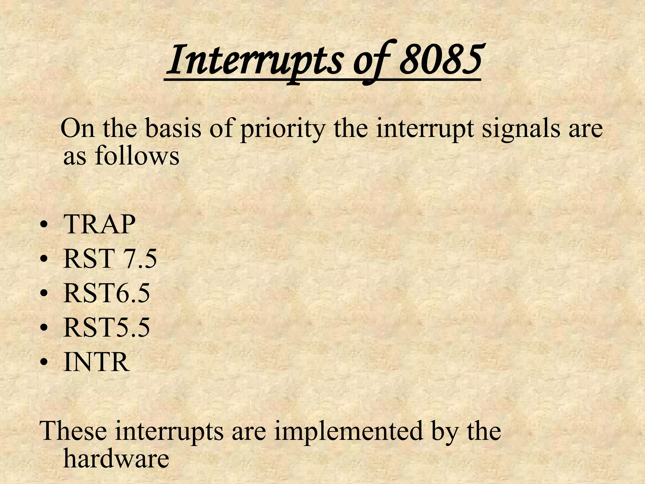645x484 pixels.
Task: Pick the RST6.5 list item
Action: tap(106, 293)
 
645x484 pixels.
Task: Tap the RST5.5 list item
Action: tap(106, 328)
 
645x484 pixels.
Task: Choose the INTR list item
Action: tap(96, 362)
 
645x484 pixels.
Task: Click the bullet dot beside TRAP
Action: tap(45, 226)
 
